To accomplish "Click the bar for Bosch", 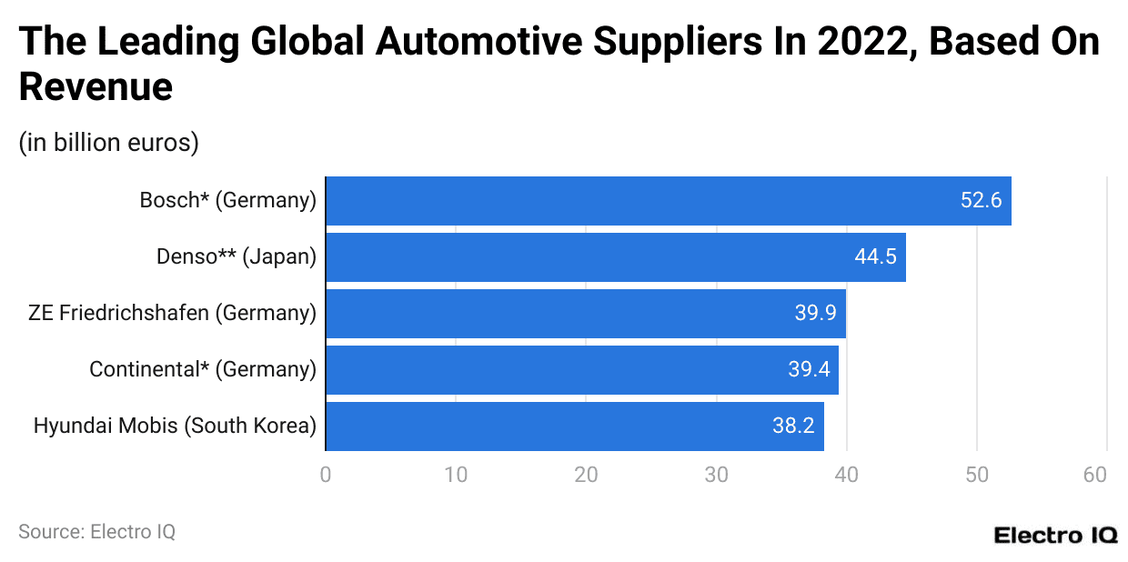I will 669,201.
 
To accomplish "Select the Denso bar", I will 616,257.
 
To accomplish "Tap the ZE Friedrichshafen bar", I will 586,314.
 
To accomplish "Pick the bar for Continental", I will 582,370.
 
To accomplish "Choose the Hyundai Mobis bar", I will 575,427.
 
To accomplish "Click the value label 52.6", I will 981,201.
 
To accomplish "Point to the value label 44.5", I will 875,257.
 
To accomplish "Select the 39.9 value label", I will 815,314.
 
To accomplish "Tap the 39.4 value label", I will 809,370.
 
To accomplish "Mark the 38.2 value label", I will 793,427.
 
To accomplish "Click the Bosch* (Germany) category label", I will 227,201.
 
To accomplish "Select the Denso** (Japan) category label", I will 236,257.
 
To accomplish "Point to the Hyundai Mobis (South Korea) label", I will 175,427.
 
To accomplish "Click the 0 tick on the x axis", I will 326,475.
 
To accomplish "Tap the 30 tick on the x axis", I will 716,475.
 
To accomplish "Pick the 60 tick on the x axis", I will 1095,475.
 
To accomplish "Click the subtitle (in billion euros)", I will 108,143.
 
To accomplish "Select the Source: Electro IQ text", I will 96,532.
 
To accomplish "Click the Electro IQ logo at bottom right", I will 1055,535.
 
